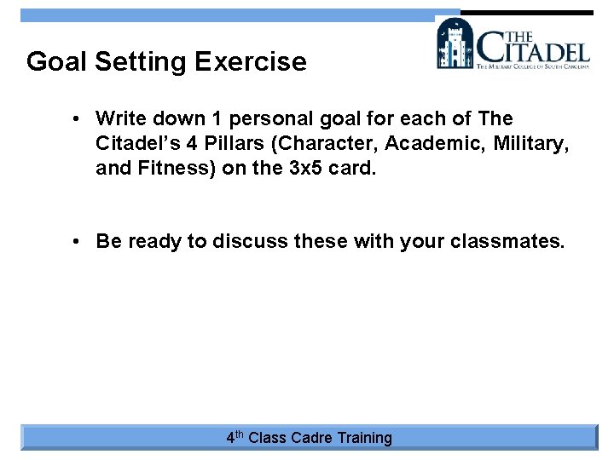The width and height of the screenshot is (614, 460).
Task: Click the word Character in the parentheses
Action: [x=325, y=143]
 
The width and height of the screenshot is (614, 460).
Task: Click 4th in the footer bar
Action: [x=235, y=438]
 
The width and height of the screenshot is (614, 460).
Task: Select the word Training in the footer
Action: [x=365, y=438]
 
